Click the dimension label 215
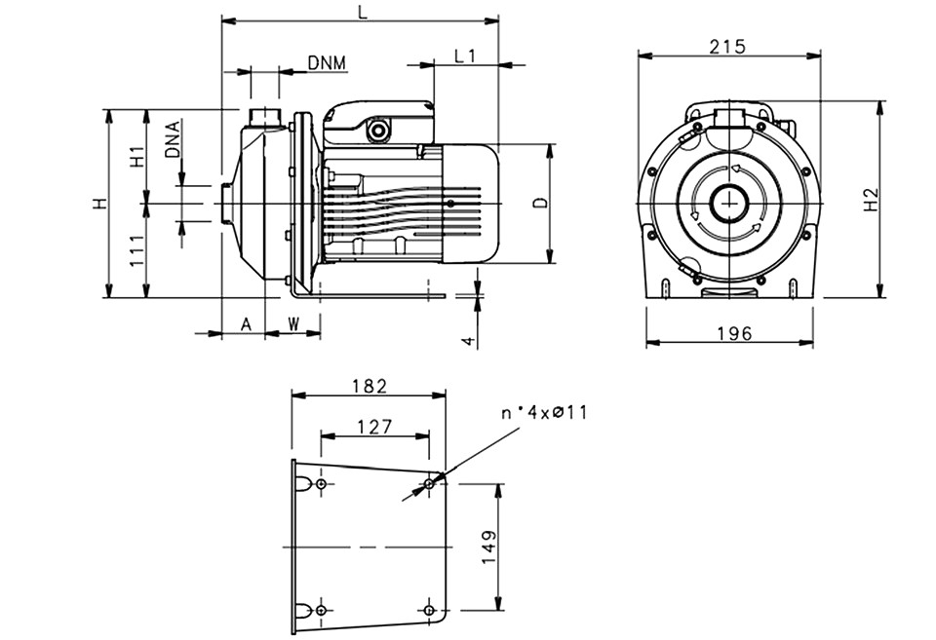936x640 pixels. (x=727, y=46)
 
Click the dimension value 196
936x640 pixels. (x=733, y=333)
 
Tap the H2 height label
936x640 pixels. (x=872, y=200)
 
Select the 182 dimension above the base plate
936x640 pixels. (x=369, y=386)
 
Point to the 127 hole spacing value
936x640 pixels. (x=374, y=427)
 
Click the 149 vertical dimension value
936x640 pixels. (x=488, y=546)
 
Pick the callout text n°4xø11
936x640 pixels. (x=544, y=412)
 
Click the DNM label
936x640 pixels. (x=328, y=62)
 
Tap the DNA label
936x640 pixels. (x=174, y=139)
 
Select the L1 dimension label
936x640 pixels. (x=464, y=56)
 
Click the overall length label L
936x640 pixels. (x=363, y=13)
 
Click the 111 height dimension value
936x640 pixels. (x=136, y=250)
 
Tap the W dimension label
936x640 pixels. (x=293, y=324)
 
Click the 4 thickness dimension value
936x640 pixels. (x=469, y=341)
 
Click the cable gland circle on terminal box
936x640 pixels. (x=377, y=130)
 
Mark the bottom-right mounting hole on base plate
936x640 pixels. (x=429, y=610)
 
